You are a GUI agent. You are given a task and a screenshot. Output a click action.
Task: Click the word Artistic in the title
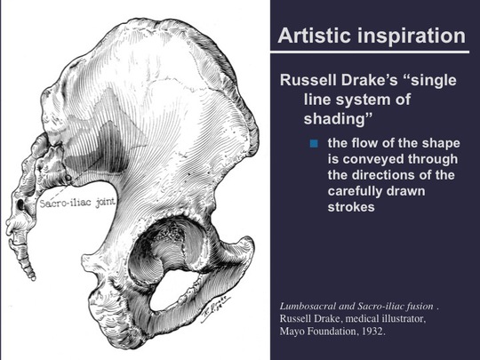[x=314, y=36]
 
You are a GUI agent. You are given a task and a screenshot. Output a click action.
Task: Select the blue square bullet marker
[x=314, y=143]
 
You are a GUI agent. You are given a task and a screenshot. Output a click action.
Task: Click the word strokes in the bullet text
[x=351, y=207]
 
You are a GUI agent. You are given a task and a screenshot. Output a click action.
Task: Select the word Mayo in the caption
[x=290, y=332]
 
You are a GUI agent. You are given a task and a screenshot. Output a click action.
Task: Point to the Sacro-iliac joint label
[x=77, y=204]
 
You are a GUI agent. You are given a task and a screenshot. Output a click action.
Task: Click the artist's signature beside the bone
[x=215, y=308]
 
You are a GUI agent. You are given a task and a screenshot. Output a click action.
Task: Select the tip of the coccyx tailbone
[x=33, y=278]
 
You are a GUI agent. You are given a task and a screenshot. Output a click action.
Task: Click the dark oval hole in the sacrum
[x=20, y=204]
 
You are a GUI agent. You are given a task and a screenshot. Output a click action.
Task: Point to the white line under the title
[x=370, y=52]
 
